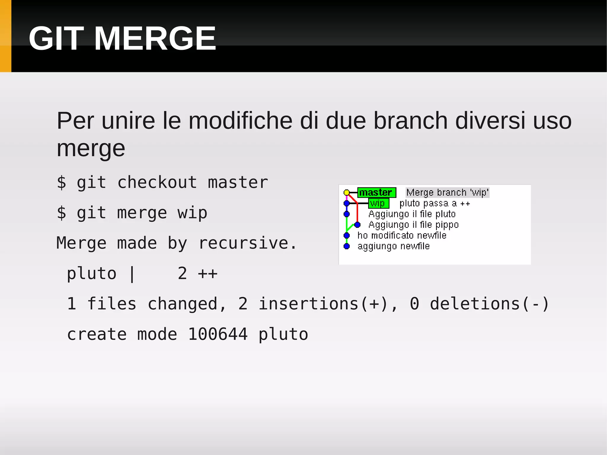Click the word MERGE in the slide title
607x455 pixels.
pos(155,39)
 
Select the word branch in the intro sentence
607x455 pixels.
pos(410,121)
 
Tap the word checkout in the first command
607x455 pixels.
pos(157,182)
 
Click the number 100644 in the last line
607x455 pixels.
pos(218,334)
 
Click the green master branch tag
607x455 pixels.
pos(376,193)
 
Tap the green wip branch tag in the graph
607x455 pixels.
pos(378,203)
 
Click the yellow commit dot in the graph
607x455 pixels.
pos(346,193)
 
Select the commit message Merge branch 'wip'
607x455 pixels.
pos(447,193)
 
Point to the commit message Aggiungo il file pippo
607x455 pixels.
pos(413,225)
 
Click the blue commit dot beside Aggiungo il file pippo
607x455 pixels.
pos(357,225)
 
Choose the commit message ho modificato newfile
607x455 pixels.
pos(402,235)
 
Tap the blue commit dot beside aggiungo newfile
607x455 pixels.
pos(346,246)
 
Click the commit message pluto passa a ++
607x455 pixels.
pos(435,203)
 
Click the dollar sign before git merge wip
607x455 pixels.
pos(61,213)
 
